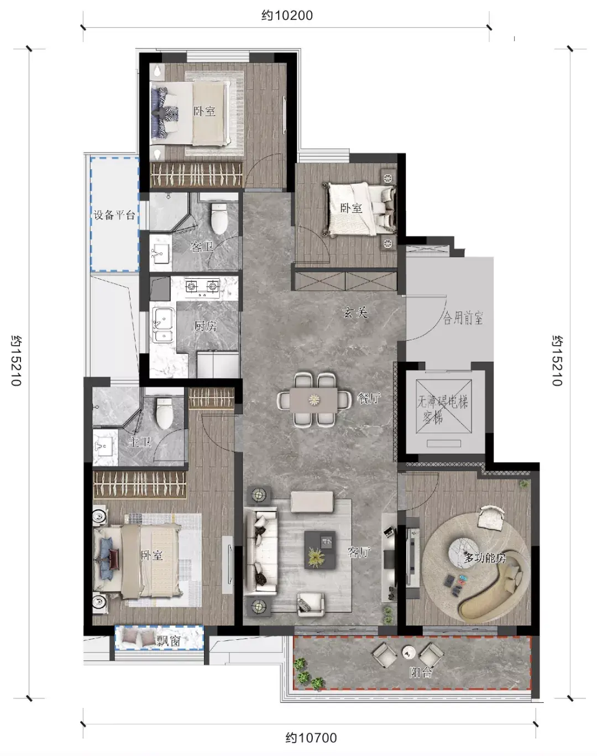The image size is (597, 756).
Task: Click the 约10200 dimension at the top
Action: click(x=287, y=16)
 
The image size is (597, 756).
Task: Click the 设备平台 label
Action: click(x=114, y=215)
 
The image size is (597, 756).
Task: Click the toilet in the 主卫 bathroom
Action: click(x=165, y=413)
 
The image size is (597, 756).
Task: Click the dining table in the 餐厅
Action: click(x=313, y=400)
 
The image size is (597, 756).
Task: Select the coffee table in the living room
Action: click(x=320, y=549)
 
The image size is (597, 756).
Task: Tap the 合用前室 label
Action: click(x=463, y=319)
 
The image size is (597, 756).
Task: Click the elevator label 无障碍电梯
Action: click(x=443, y=402)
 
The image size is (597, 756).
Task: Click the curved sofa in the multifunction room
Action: click(x=491, y=586)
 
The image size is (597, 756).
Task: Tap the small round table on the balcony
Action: click(x=409, y=653)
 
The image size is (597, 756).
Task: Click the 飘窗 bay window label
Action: click(x=168, y=641)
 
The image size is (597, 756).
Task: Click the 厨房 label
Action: click(x=206, y=326)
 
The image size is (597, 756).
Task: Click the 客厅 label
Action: click(x=359, y=552)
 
